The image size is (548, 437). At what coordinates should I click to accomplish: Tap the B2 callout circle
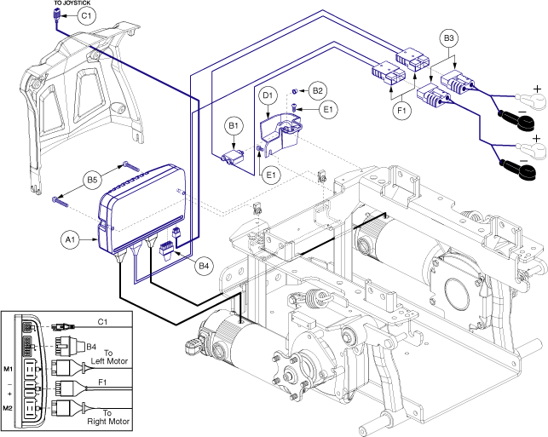coord(318,90)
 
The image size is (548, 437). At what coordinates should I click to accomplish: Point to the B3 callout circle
coord(451,39)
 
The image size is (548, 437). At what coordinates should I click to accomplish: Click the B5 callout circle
coord(93,181)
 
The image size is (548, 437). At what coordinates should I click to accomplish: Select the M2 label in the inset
coord(8,406)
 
